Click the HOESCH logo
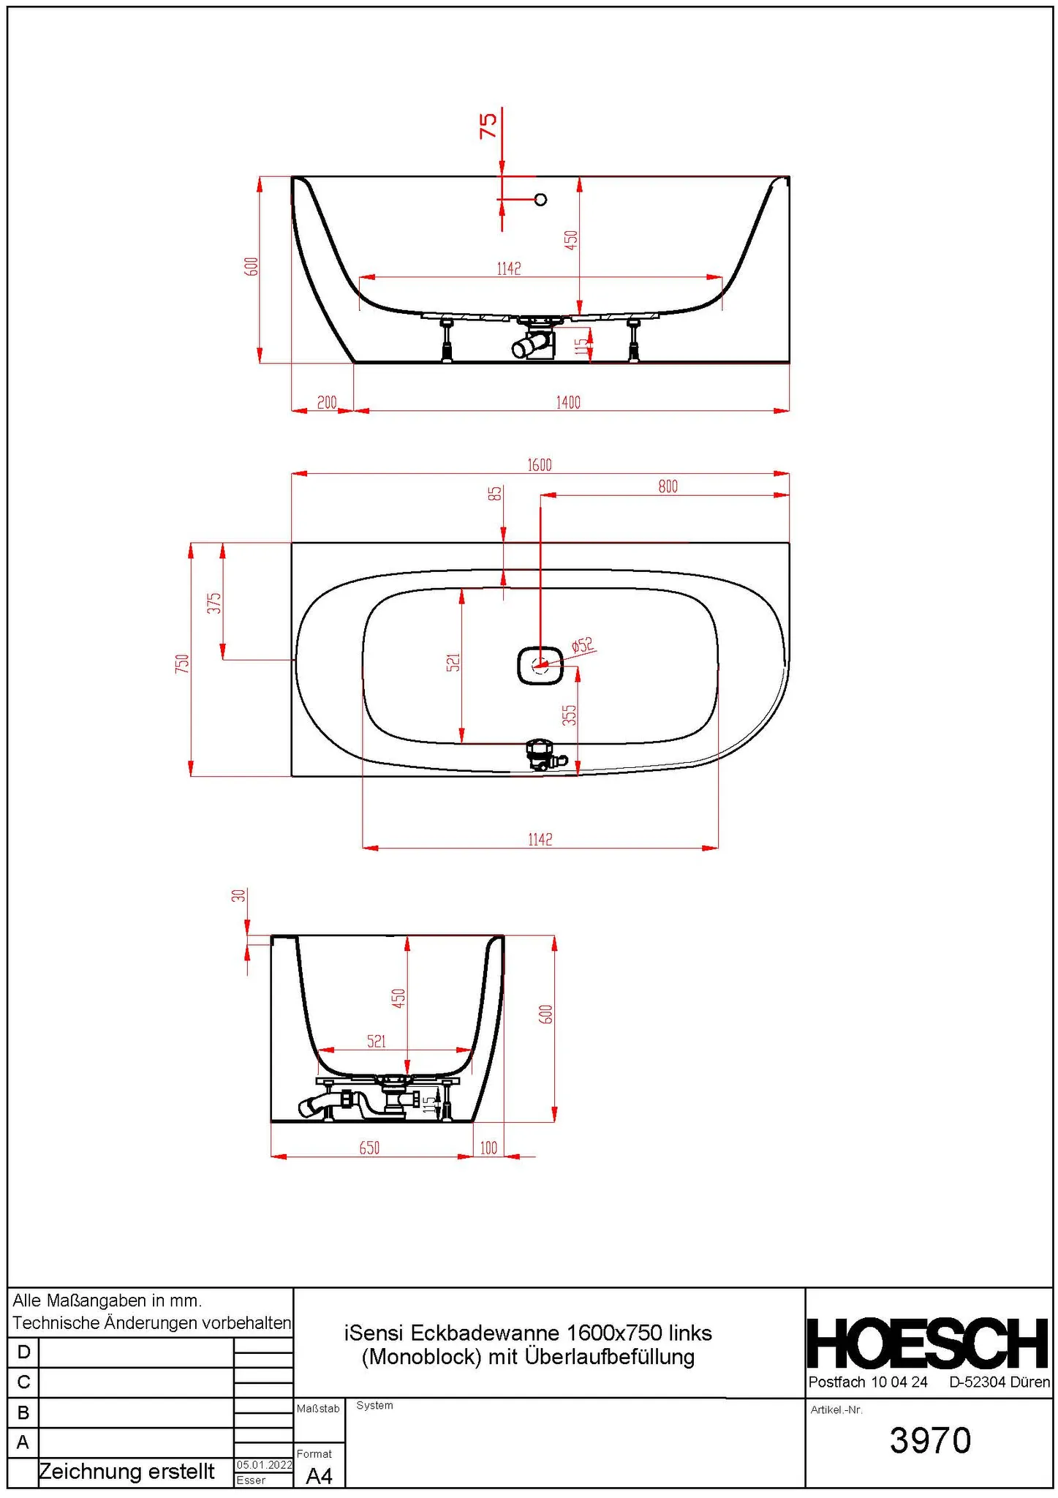(x=928, y=1344)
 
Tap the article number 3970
(x=930, y=1440)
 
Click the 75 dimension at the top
(x=488, y=124)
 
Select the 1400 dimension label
(x=568, y=402)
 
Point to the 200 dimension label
(x=327, y=402)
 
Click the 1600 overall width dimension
(x=540, y=464)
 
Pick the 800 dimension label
(x=668, y=486)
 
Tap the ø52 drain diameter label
(x=583, y=644)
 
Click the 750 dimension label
(x=182, y=663)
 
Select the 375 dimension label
(x=214, y=603)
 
